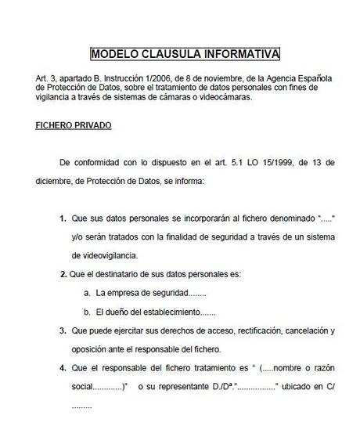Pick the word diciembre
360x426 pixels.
click(55, 181)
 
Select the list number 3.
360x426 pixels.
click(63, 331)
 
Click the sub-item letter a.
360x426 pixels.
click(87, 293)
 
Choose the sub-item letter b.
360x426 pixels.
click(87, 312)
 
